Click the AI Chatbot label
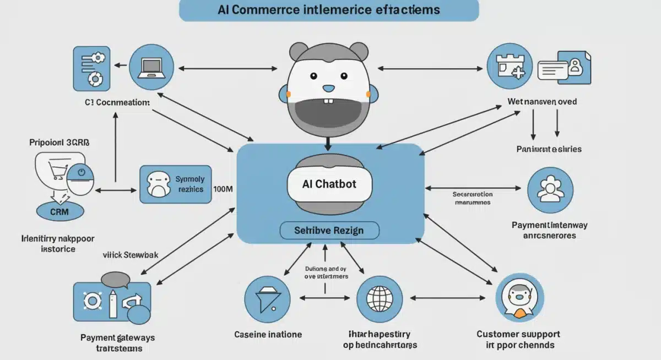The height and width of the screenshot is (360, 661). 329,184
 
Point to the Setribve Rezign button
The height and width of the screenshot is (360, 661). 329,230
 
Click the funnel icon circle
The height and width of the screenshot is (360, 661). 267,299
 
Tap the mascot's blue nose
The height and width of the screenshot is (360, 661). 329,88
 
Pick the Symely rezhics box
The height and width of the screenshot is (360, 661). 176,184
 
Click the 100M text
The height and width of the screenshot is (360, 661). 223,189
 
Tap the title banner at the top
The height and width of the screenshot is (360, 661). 329,10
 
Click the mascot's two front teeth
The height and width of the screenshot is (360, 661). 329,101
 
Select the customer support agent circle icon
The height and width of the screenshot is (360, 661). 519,299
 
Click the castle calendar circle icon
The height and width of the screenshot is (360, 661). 510,68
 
